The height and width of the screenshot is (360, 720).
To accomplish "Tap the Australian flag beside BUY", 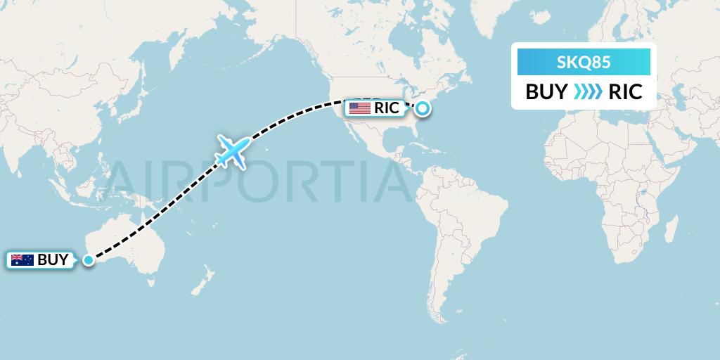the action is (22, 260).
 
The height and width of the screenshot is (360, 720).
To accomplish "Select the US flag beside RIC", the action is (360, 108).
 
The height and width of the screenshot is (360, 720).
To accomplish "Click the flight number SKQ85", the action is (583, 63).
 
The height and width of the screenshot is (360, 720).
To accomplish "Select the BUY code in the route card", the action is (546, 92).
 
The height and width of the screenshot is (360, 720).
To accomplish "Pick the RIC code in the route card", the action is (625, 92).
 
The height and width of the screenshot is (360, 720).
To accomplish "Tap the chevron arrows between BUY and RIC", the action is (586, 92).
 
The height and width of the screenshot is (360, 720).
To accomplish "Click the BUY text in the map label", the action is (52, 260).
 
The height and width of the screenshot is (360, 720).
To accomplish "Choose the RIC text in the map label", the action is (387, 108).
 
